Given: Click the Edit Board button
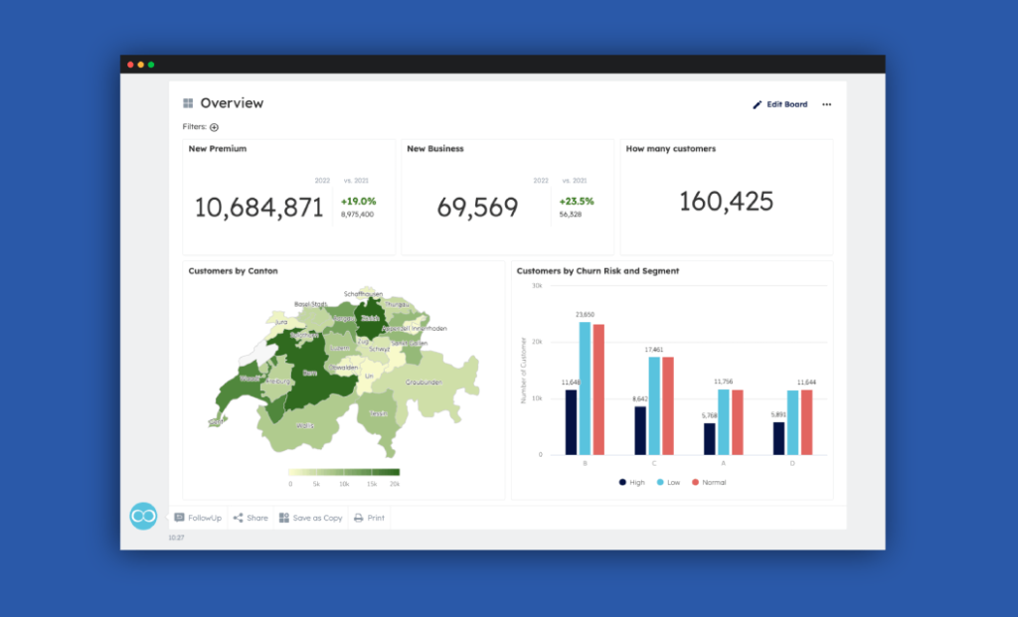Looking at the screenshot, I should click(x=780, y=104).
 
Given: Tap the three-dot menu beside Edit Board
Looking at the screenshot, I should click(x=826, y=104).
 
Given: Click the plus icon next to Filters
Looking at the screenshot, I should click(x=214, y=127).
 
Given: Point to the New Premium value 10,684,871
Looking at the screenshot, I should click(x=258, y=207).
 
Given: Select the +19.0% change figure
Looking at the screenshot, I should click(x=358, y=201).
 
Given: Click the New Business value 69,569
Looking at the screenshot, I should click(x=477, y=207).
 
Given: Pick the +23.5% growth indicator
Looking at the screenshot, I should click(x=577, y=201).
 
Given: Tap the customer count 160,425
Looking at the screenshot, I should click(x=726, y=202).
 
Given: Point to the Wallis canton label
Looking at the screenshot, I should click(x=305, y=425).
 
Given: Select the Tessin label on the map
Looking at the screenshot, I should click(x=379, y=413).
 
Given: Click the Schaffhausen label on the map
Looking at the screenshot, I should click(x=364, y=294).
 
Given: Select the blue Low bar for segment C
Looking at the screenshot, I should click(x=654, y=404).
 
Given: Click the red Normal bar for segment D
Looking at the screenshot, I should click(x=806, y=421).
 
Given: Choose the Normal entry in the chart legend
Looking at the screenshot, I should click(x=707, y=482).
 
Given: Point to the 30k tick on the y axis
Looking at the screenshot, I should click(x=536, y=286).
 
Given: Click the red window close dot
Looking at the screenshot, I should click(x=130, y=65).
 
